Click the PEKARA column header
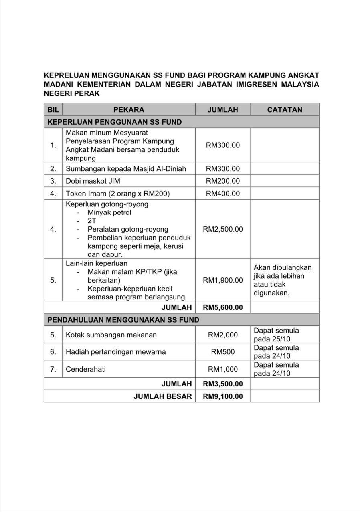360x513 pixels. (129, 110)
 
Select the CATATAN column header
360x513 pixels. (285, 110)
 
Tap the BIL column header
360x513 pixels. (53, 110)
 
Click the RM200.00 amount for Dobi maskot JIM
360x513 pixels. (223, 181)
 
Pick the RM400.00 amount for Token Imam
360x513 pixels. (223, 194)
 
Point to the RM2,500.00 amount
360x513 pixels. (223, 229)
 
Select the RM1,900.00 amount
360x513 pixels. (223, 280)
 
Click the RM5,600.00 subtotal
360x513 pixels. (223, 307)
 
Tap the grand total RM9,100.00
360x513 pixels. (223, 396)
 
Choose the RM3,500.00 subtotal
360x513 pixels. (223, 384)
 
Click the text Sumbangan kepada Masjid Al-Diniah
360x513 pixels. (126, 169)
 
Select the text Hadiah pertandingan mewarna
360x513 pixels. (115, 352)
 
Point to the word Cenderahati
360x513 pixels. (86, 369)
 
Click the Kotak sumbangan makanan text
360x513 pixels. (111, 335)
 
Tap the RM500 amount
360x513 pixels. (223, 352)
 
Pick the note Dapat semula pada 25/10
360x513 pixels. (276, 335)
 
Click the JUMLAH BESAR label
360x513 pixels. (162, 396)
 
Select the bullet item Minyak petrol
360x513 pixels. (109, 212)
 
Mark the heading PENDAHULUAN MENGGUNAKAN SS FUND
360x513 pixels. (123, 320)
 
